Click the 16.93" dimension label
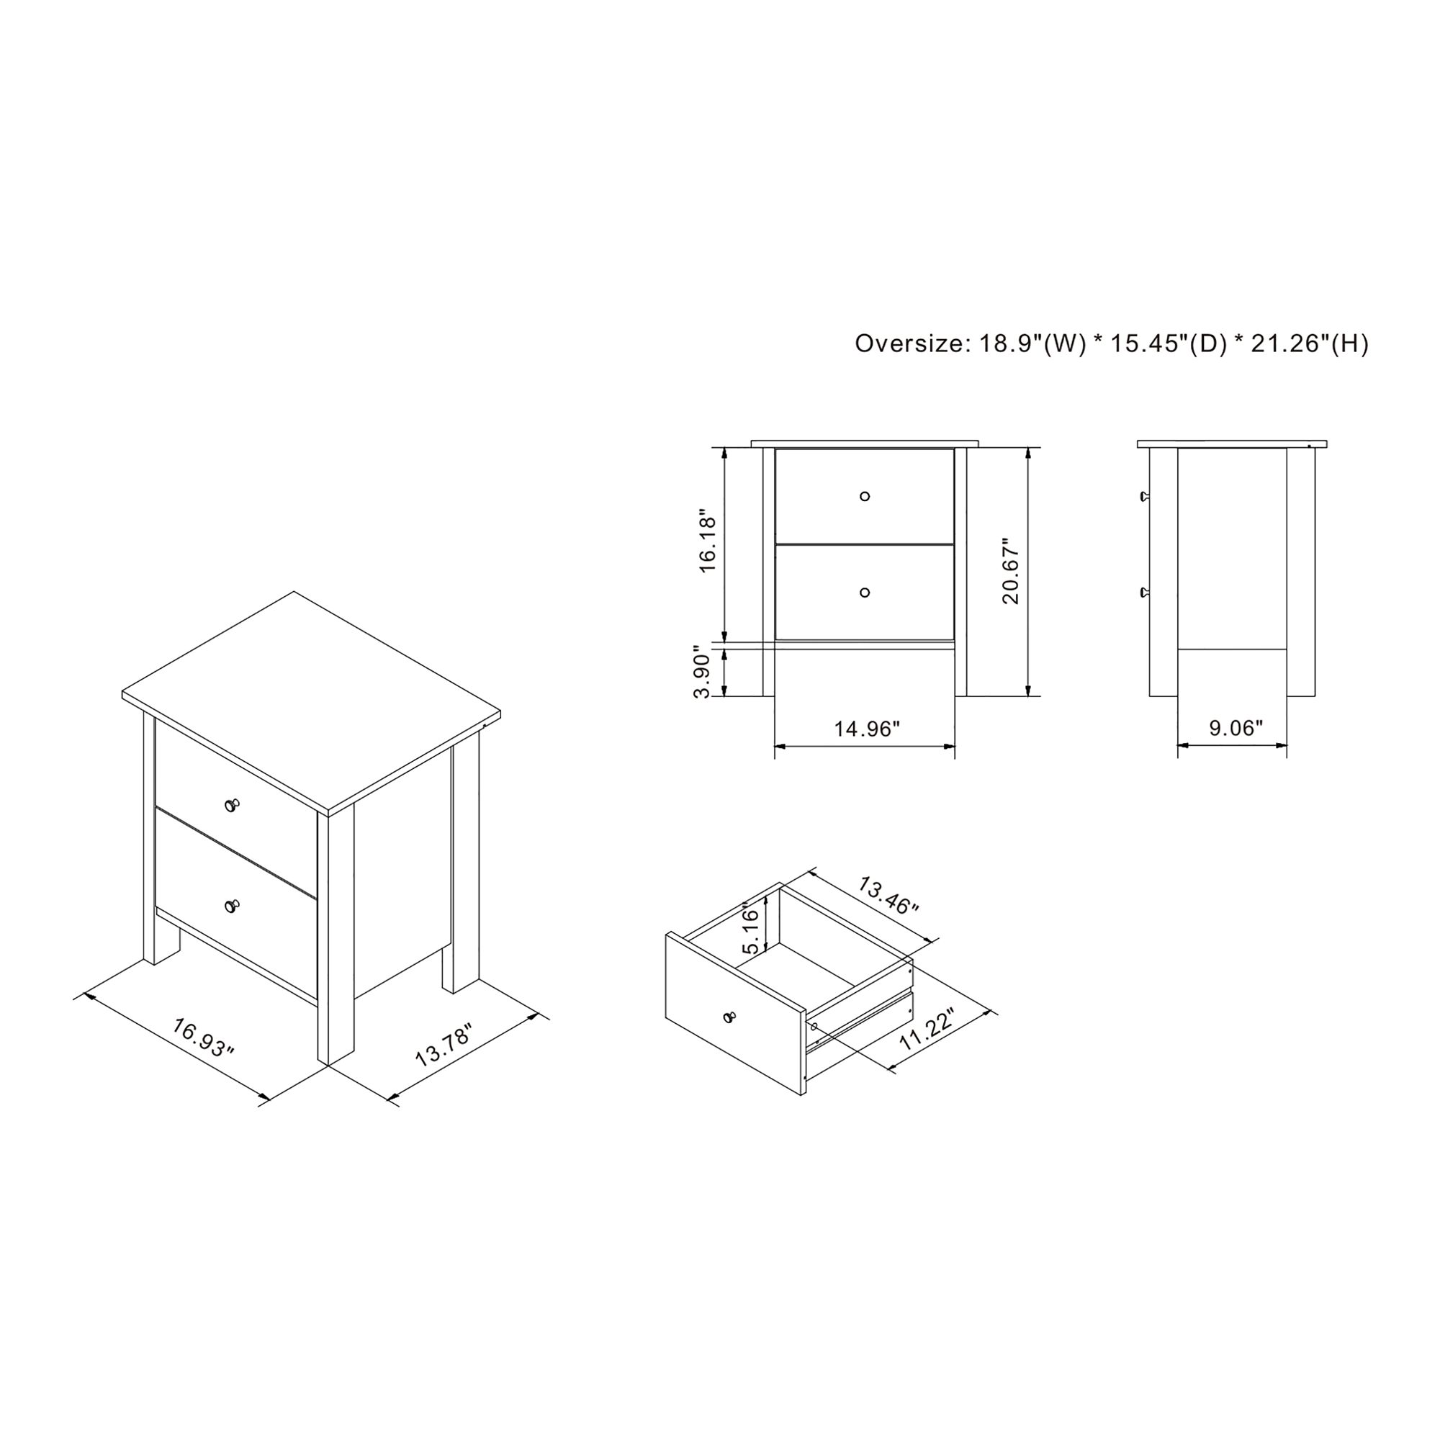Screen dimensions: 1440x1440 tap(204, 1037)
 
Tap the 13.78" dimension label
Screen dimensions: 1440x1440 tap(444, 1045)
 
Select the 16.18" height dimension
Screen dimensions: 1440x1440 tap(708, 542)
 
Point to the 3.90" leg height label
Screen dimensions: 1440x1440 tap(704, 672)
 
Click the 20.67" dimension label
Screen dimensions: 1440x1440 tap(1010, 572)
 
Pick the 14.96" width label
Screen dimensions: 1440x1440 tap(867, 728)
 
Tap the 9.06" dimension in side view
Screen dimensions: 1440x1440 tap(1236, 727)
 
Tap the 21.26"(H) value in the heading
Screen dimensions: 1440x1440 tap(1310, 343)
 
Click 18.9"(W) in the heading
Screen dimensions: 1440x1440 tap(1032, 343)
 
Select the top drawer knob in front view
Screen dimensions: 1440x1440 tap(865, 496)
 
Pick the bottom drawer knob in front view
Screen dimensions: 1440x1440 tap(865, 593)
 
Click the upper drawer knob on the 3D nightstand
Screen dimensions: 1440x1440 tap(232, 805)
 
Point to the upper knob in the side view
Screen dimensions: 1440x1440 tap(1144, 496)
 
